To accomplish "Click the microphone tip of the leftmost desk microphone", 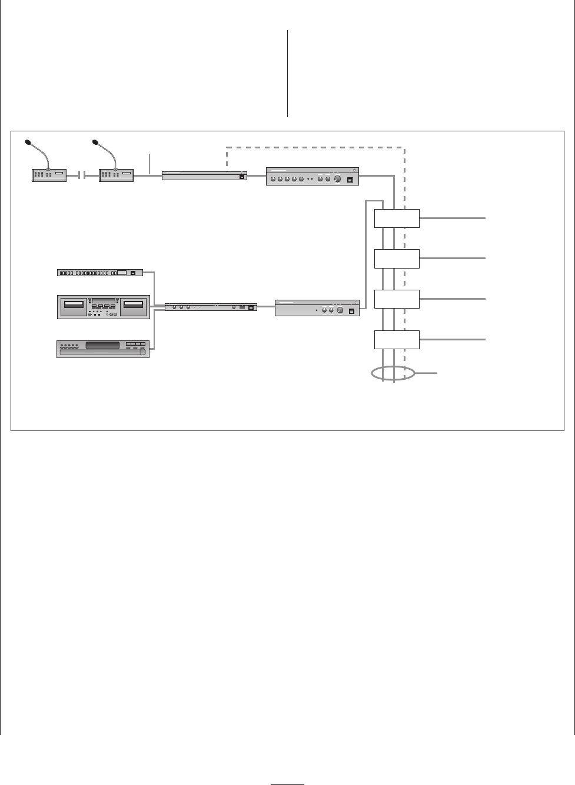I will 28,142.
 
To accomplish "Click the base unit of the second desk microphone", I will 117,175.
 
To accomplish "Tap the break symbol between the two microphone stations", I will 82,175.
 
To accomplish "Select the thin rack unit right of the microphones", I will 204,175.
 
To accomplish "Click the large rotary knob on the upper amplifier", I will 337,180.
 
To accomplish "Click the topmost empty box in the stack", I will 397,218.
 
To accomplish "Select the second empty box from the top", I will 397,259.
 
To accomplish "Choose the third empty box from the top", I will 397,299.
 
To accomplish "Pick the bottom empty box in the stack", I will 397,340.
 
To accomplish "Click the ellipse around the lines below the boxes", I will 393,373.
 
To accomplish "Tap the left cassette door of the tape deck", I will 74,305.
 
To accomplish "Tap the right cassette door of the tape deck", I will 134,305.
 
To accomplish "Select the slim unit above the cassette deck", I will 100,273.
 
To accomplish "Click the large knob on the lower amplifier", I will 340,310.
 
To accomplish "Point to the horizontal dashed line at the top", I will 315,147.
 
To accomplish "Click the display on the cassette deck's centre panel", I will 104,301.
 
